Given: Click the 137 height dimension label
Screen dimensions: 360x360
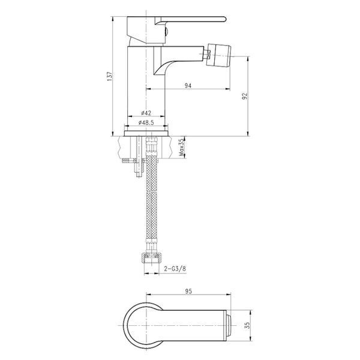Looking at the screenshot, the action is pyautogui.click(x=110, y=76).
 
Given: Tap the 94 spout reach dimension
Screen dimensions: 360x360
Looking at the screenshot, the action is pyautogui.click(x=188, y=86).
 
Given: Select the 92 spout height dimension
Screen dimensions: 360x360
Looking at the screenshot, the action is pyautogui.click(x=245, y=96).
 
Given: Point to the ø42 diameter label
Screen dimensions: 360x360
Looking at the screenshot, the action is pyautogui.click(x=146, y=113).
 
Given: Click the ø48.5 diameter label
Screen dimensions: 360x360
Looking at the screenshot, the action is pyautogui.click(x=146, y=123).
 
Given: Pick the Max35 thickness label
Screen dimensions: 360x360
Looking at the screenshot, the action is pyautogui.click(x=182, y=147).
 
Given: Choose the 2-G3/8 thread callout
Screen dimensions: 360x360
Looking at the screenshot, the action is pyautogui.click(x=175, y=269).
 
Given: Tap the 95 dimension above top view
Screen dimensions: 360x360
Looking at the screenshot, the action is pyautogui.click(x=188, y=292).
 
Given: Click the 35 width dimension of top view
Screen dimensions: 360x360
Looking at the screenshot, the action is pyautogui.click(x=247, y=325).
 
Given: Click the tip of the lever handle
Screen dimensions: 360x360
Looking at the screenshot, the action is pyautogui.click(x=226, y=19).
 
